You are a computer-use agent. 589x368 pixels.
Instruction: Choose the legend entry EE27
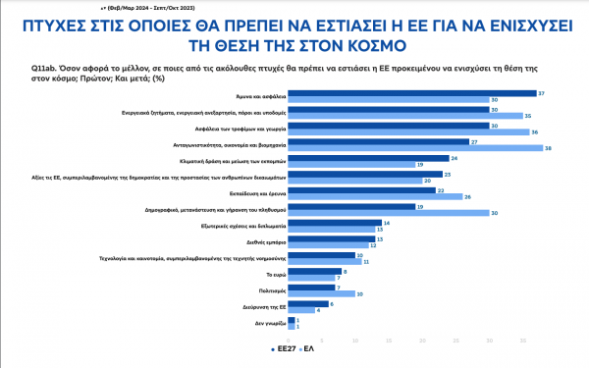click(283, 348)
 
